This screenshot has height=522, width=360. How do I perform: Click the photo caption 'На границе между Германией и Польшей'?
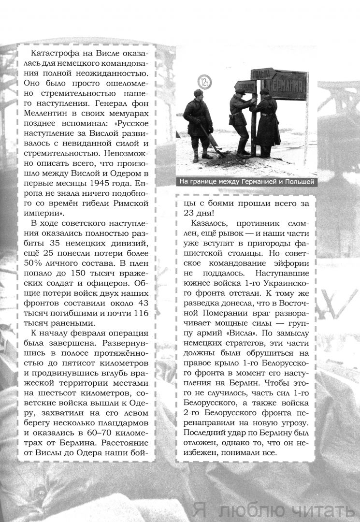point(246,182)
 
